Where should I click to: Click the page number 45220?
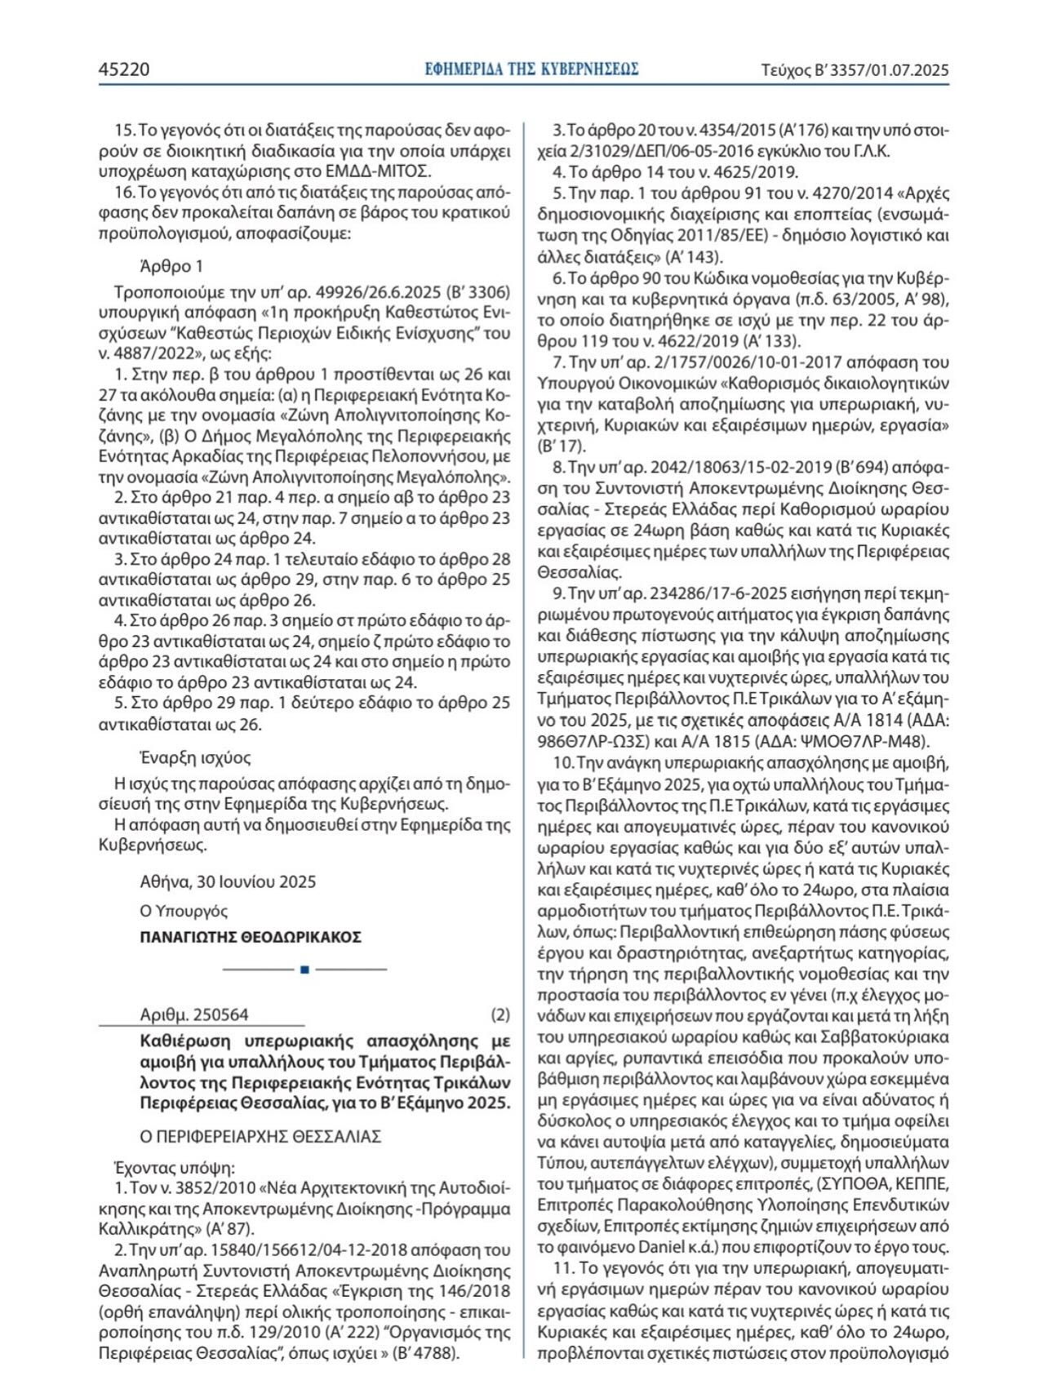click(x=124, y=69)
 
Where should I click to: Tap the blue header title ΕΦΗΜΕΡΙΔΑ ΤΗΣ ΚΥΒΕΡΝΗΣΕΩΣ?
click(x=531, y=69)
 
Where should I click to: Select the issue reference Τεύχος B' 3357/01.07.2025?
click(x=855, y=70)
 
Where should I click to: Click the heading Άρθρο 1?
click(x=171, y=266)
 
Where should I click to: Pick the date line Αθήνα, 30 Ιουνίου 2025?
click(x=228, y=881)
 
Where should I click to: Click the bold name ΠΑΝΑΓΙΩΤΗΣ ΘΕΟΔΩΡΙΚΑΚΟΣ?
click(x=251, y=937)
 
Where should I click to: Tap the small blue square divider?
click(x=304, y=970)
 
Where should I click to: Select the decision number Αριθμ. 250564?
click(x=194, y=1014)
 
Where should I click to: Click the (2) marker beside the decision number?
click(x=500, y=1014)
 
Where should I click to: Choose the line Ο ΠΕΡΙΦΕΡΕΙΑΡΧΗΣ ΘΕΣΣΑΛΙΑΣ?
click(x=260, y=1136)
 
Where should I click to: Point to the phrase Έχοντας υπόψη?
click(x=175, y=1168)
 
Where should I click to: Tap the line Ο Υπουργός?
click(x=184, y=911)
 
